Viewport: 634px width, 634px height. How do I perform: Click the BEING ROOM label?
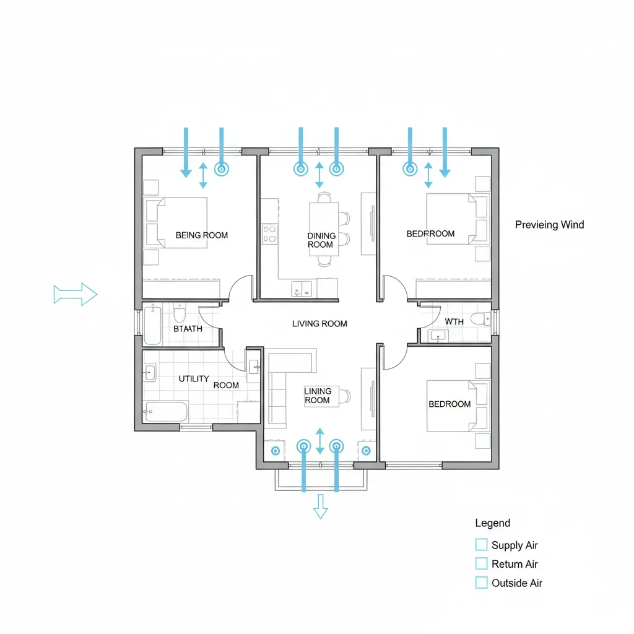click(202, 235)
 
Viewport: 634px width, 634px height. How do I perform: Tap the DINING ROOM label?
click(321, 240)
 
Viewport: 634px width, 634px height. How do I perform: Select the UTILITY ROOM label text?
click(208, 381)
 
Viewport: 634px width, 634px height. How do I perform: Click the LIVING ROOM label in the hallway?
click(319, 324)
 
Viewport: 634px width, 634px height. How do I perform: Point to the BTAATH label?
click(188, 329)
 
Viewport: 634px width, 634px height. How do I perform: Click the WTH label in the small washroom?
click(454, 322)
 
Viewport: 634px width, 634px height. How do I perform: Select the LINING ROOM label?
click(318, 396)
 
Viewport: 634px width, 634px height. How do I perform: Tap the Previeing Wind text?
click(549, 225)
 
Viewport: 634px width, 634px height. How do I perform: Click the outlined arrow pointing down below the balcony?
click(320, 506)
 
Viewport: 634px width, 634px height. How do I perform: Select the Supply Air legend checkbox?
click(481, 545)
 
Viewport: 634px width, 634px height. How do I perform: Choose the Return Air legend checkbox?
click(481, 564)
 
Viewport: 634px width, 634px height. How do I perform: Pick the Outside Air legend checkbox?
click(481, 583)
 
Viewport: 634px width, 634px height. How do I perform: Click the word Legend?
click(492, 523)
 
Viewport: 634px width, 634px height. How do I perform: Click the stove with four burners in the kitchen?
click(270, 234)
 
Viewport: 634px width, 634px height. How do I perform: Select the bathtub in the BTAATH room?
click(152, 324)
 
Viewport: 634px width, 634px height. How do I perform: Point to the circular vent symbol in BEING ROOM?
click(221, 168)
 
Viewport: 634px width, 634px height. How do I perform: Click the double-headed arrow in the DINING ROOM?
click(319, 175)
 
